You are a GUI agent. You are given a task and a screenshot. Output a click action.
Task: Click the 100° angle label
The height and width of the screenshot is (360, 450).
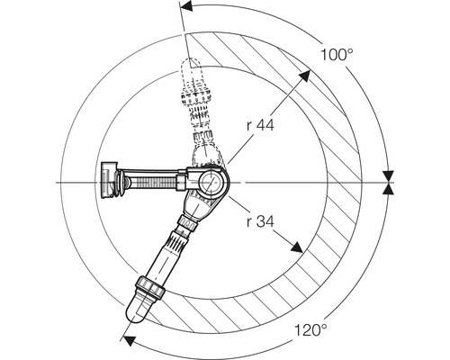[x=337, y=55]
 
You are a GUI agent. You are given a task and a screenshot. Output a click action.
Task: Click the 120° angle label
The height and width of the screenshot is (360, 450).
[x=310, y=330]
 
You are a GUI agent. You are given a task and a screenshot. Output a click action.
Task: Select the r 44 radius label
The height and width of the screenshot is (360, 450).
[x=260, y=125]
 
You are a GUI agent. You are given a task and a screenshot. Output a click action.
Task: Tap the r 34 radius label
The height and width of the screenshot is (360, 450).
[x=260, y=222]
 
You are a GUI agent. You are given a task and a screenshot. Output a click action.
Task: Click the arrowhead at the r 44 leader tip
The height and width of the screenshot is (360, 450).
[x=304, y=75]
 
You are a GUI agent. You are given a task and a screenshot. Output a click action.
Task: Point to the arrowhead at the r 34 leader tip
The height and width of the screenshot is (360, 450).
[x=297, y=247]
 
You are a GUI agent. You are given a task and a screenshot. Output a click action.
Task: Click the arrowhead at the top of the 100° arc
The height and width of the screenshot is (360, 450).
[x=186, y=6]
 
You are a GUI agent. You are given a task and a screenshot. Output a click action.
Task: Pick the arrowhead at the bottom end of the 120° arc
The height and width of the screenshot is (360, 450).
[x=130, y=341]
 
